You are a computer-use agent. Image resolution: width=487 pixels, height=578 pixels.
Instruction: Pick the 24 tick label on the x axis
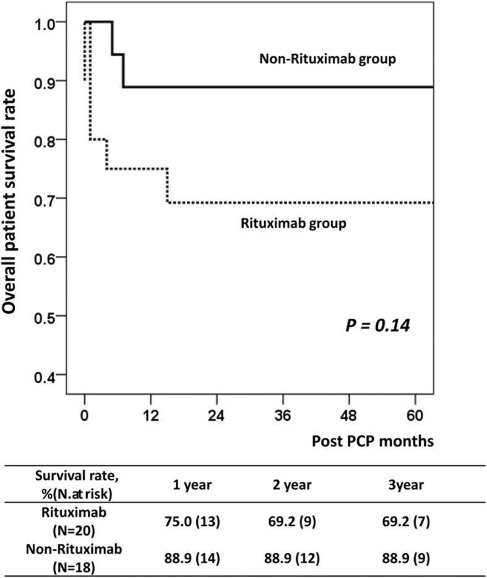pyautogui.click(x=216, y=415)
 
